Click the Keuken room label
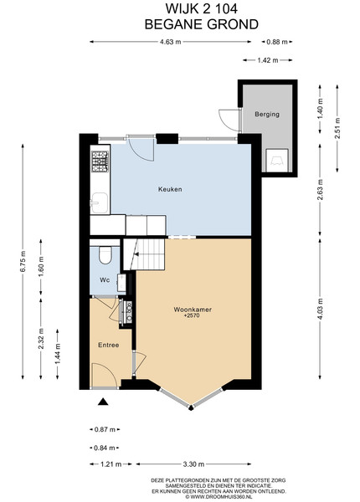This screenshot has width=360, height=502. click(170, 189)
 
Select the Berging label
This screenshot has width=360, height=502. click(267, 115)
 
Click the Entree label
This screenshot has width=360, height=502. click(108, 345)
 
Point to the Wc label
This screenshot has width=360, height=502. click(105, 279)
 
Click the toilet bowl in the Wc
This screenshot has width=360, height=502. click(105, 254)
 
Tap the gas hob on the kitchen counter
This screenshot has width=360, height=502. click(100, 161)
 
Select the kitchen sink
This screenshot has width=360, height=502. click(100, 203)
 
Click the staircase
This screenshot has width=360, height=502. click(144, 254)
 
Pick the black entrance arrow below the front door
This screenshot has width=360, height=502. click(102, 402)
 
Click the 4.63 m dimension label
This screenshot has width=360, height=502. click(171, 42)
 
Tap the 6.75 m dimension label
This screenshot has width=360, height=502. click(23, 261)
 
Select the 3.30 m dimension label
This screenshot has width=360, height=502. click(193, 464)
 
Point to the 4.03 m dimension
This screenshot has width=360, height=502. click(320, 309)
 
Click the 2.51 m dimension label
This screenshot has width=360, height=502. click(337, 128)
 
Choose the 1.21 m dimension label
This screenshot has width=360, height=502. click(111, 464)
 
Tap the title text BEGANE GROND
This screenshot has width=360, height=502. click(202, 24)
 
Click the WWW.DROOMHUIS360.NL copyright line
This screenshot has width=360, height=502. click(219, 496)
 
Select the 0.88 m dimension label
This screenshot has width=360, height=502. click(277, 42)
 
